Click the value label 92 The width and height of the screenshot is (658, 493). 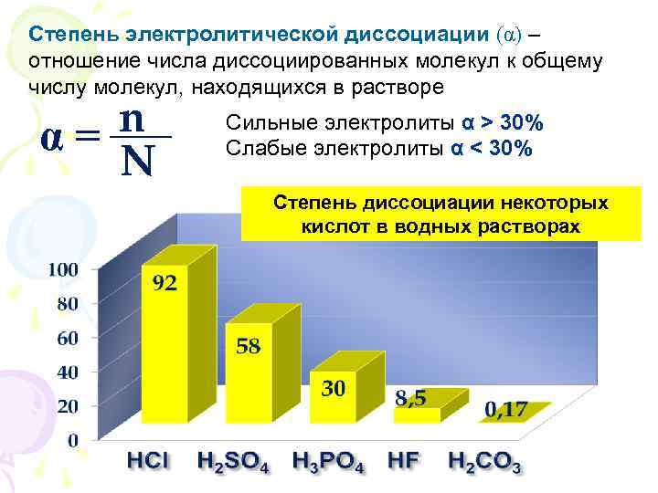[x=164, y=283]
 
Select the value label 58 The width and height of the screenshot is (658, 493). [x=249, y=346]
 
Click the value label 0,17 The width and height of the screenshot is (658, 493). [x=505, y=409]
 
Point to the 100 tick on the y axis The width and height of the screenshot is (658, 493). [x=63, y=270]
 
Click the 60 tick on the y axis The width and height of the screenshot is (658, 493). [x=68, y=338]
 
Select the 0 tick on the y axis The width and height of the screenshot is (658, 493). [x=73, y=440]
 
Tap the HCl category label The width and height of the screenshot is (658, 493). [x=147, y=460]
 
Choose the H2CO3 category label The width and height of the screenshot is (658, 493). [x=484, y=462]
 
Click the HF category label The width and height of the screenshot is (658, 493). [x=403, y=460]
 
